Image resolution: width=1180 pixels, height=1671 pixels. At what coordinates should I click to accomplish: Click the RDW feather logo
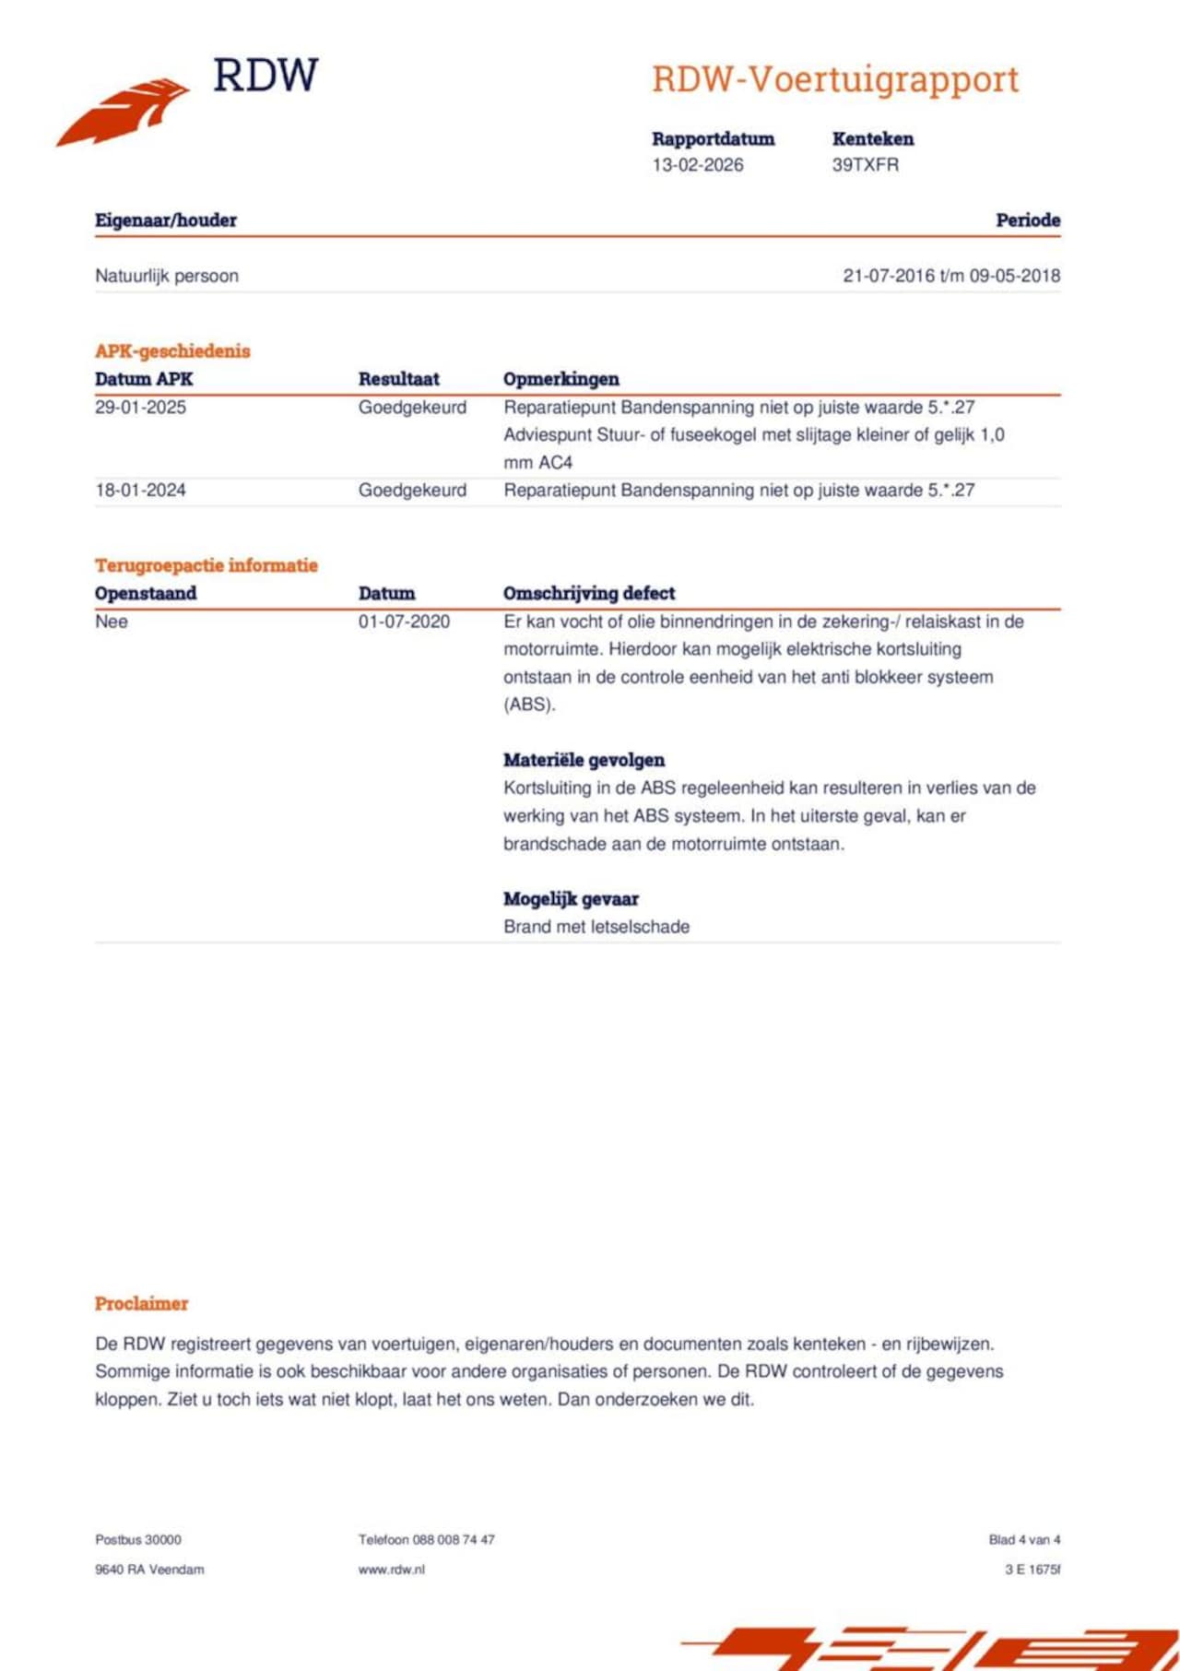pos(124,110)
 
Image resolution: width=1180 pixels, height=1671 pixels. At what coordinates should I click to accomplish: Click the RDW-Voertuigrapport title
pos(835,79)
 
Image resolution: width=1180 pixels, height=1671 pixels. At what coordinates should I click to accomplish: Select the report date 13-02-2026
pos(697,165)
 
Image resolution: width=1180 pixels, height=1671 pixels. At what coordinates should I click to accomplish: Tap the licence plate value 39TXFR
pos(865,165)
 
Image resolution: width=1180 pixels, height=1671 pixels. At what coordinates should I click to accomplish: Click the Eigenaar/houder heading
pos(166,220)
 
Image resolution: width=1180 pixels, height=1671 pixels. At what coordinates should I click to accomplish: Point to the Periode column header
pos(1027,220)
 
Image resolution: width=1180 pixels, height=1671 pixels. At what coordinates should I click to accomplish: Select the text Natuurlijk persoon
pos(167,276)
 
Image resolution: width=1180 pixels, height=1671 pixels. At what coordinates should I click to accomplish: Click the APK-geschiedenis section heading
pos(172,350)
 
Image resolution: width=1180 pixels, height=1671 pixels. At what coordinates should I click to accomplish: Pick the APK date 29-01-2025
pos(140,408)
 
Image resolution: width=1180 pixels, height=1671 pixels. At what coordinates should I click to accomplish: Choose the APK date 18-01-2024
pos(140,491)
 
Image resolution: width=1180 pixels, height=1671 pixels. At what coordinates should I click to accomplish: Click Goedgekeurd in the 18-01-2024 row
pos(412,491)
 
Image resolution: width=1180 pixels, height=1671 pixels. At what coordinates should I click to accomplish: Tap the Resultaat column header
pos(398,379)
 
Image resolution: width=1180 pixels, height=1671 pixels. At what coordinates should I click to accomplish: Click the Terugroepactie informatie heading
pos(206,565)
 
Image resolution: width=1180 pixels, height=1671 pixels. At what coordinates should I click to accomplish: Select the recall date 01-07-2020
pos(404,622)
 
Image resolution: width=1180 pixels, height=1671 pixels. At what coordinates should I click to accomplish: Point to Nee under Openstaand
pos(112,622)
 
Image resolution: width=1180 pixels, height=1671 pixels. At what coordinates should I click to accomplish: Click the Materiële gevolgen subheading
pos(584,760)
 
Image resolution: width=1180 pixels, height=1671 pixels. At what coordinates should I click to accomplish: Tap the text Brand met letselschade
pos(596,927)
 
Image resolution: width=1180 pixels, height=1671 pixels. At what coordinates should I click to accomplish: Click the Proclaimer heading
pos(141,1303)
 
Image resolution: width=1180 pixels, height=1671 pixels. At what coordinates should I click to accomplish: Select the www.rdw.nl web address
pos(391,1569)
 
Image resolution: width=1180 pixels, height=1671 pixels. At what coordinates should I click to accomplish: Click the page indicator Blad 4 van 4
pos(1024,1539)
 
